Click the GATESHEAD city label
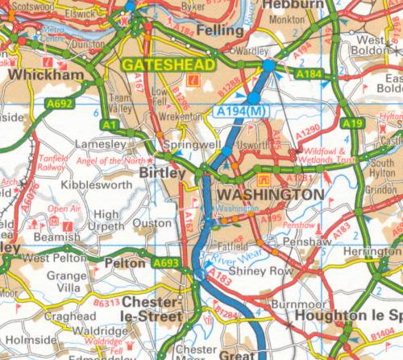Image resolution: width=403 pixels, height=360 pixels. pyautogui.click(x=170, y=64)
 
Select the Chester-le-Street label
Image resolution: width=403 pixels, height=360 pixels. pyautogui.click(x=151, y=309)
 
